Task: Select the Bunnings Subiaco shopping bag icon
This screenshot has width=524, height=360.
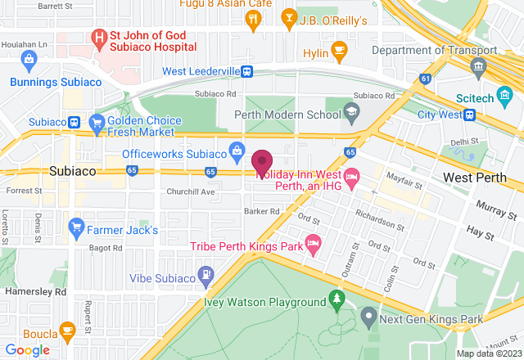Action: (29, 59)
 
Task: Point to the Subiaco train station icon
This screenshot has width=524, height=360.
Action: (74, 123)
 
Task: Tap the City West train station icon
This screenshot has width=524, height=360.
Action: (469, 115)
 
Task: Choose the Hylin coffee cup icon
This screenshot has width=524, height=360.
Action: (338, 53)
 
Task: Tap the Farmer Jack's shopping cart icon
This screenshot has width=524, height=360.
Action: (77, 224)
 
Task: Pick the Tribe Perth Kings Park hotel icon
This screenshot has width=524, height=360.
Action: (311, 243)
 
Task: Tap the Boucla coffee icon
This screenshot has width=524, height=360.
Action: (67, 331)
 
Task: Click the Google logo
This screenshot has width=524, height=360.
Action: (27, 350)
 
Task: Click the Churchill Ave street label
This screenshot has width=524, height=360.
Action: (190, 192)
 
